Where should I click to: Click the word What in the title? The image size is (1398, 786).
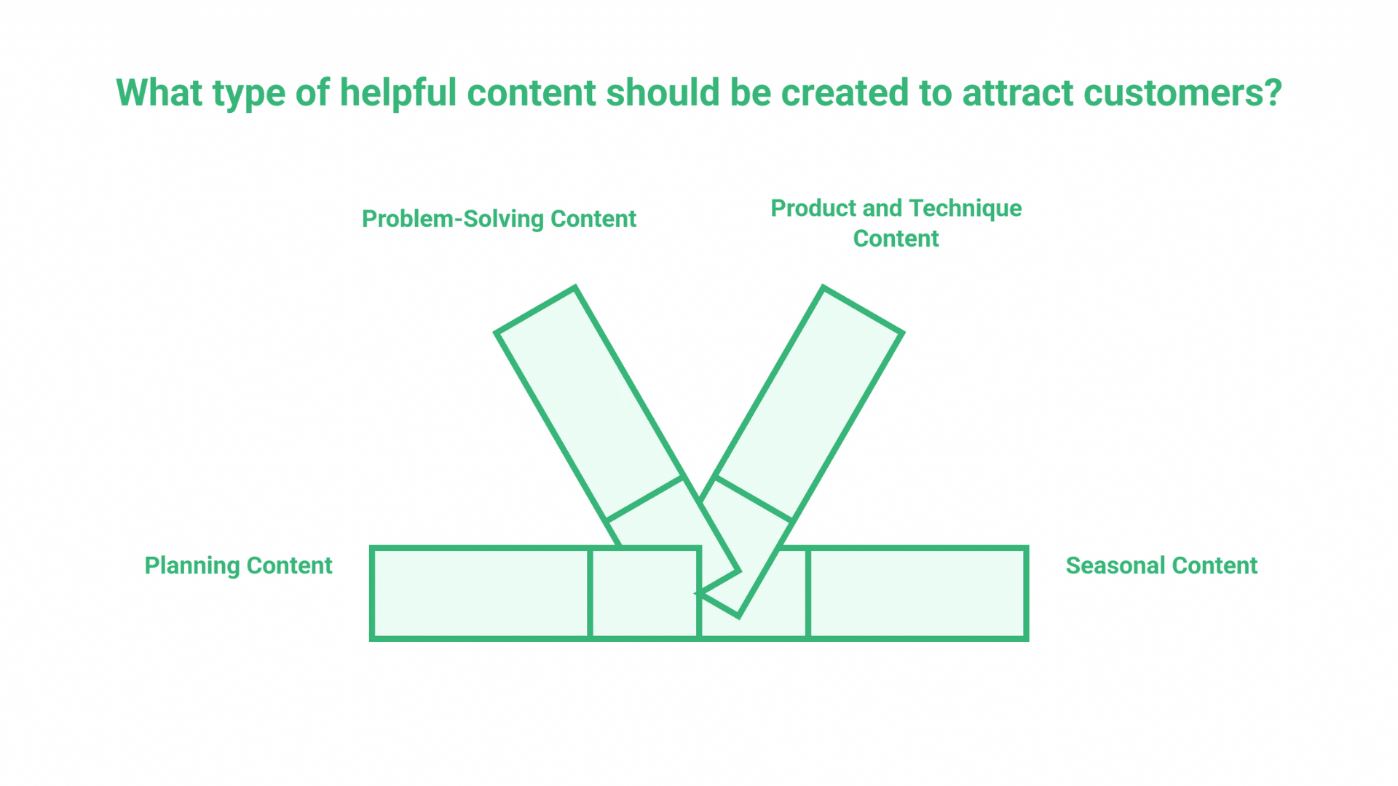(159, 92)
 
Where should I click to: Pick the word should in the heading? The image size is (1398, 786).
(663, 92)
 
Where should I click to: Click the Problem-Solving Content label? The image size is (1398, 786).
(499, 219)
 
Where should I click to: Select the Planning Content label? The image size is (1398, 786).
(238, 565)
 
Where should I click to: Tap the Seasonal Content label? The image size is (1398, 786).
(1161, 565)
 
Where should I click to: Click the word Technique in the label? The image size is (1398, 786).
(965, 209)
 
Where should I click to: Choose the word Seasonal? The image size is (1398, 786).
(1115, 565)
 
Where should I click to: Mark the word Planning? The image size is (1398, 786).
(192, 565)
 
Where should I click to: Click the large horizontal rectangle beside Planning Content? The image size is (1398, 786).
(481, 593)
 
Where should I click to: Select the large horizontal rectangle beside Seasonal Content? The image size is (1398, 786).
(918, 593)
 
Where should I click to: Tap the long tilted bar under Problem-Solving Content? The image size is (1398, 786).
(589, 403)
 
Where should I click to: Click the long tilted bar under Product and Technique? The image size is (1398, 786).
(808, 403)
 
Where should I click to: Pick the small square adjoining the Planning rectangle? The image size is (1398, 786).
(644, 593)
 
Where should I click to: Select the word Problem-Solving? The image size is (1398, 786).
(453, 219)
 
